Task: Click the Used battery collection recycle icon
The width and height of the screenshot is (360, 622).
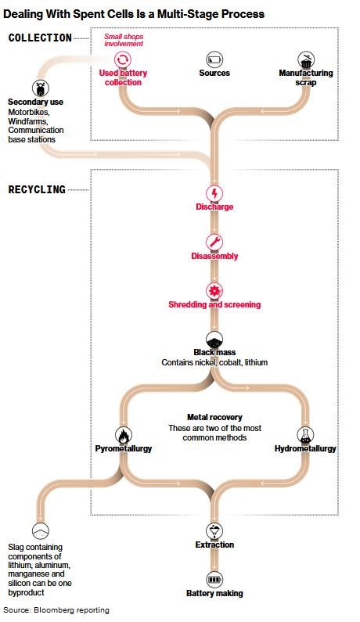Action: tap(123, 60)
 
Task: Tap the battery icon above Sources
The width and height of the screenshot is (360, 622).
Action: tap(214, 60)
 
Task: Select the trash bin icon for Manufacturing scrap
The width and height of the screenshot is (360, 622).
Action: tap(306, 60)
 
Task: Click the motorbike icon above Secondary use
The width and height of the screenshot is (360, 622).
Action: tap(40, 88)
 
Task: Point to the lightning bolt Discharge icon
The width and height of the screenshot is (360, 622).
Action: tap(214, 194)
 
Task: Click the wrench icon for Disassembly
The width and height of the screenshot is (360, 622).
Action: tap(214, 243)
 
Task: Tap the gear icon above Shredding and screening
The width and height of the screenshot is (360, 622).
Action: tap(214, 291)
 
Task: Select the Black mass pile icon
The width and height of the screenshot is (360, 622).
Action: tap(214, 340)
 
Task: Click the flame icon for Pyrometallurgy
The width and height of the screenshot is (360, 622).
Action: tap(124, 436)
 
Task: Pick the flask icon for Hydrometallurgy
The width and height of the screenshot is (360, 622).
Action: tap(305, 436)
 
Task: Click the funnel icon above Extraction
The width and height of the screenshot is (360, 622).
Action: tap(214, 531)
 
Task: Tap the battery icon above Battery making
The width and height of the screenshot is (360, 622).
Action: tap(214, 580)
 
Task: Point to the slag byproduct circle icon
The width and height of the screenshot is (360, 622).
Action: tap(40, 530)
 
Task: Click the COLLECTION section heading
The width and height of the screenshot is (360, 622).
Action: tap(40, 38)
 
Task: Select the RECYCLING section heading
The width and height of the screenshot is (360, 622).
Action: tap(37, 189)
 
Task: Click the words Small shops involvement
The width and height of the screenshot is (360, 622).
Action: tap(124, 40)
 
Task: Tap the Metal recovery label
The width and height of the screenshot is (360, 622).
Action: tap(214, 417)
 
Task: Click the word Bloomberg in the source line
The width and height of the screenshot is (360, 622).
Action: tap(52, 610)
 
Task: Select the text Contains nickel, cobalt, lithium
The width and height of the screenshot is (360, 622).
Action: tap(214, 362)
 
